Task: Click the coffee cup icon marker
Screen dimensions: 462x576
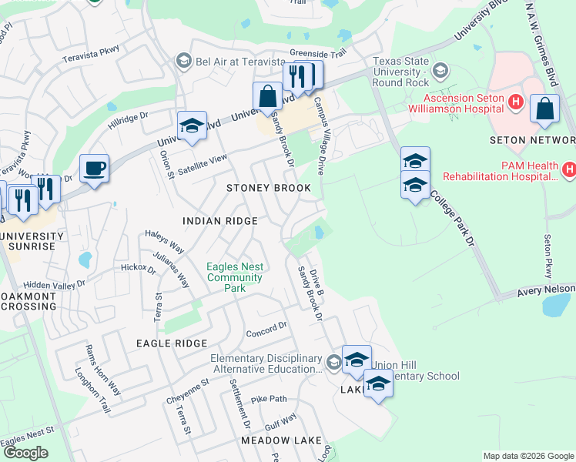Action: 94,169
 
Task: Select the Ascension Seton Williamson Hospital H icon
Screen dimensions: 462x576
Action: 516,101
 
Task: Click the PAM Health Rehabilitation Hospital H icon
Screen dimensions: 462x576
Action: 569,169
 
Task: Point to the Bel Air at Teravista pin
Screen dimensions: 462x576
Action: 183,60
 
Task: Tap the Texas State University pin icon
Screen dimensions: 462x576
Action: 440,71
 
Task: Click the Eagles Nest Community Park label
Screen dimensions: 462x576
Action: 235,277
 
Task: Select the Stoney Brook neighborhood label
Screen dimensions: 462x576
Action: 269,188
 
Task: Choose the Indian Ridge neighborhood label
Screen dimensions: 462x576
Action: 219,221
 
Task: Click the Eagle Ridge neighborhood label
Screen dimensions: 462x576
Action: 172,343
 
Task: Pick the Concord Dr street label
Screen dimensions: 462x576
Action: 266,330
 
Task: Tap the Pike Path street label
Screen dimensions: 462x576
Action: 268,399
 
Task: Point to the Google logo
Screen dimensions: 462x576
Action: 26,453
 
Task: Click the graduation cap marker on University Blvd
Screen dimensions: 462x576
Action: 191,126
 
